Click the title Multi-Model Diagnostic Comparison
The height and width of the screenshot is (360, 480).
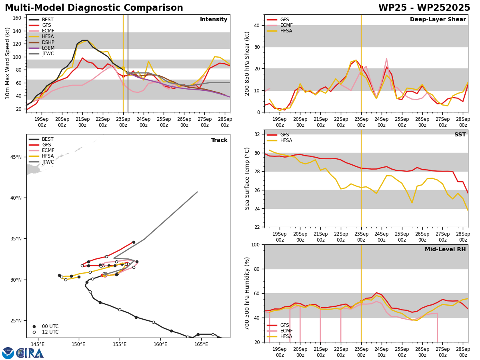(94, 8)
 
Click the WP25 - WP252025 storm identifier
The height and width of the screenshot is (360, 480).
(424, 8)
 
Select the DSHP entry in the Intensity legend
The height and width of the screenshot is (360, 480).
(42, 42)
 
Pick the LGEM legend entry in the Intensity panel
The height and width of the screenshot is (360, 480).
(42, 48)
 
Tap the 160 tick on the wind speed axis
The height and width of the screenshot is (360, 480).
(17, 18)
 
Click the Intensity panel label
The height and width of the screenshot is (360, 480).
(214, 19)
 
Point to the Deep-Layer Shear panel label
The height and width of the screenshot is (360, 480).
(438, 19)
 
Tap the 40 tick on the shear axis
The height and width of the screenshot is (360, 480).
(256, 25)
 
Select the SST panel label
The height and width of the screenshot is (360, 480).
(460, 134)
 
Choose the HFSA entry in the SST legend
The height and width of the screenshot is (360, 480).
(280, 140)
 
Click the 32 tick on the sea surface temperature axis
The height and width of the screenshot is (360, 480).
(256, 134)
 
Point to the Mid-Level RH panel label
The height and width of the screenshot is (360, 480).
(445, 249)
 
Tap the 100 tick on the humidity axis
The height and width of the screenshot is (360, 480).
(255, 244)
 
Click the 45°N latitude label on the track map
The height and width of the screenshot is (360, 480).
(16, 157)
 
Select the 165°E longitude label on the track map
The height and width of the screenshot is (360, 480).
(201, 344)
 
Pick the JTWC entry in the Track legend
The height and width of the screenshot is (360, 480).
(41, 162)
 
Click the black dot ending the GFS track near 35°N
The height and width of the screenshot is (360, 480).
(134, 242)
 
